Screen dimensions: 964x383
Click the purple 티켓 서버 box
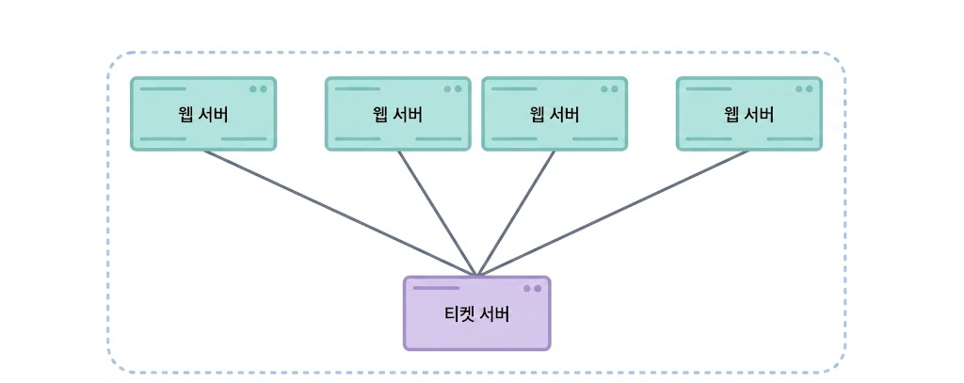tap(476, 313)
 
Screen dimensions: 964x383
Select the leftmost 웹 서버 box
tap(203, 114)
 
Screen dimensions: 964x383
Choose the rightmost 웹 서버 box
tap(748, 114)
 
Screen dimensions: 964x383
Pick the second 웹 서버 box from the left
tap(398, 114)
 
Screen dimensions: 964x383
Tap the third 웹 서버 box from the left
tap(554, 114)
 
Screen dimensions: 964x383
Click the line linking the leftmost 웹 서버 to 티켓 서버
tap(340, 214)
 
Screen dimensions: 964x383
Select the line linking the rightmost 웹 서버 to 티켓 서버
tap(613, 214)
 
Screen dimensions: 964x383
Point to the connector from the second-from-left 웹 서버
tap(437, 214)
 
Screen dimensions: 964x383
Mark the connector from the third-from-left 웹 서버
tap(516, 214)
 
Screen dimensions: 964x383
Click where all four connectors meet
tap(476, 275)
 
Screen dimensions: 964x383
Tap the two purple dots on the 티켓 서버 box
tap(533, 288)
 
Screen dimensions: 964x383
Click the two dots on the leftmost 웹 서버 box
tap(258, 89)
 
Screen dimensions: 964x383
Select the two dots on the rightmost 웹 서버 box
tap(804, 89)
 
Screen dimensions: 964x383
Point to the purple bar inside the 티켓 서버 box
tap(436, 288)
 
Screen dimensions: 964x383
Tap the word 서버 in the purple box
tap(497, 314)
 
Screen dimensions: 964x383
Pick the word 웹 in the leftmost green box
tap(186, 115)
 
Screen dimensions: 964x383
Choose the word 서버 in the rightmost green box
tap(758, 115)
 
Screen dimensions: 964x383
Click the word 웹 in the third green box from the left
tap(538, 115)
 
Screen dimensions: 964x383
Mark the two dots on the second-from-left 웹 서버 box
tap(453, 89)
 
